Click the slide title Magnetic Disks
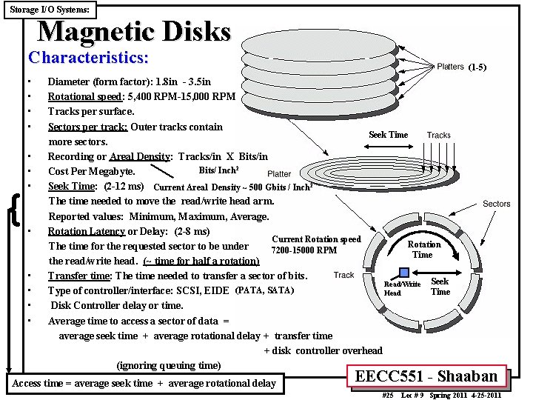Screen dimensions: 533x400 click(x=134, y=31)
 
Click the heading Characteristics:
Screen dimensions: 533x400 click(x=88, y=57)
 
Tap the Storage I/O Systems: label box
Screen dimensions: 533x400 click(x=50, y=10)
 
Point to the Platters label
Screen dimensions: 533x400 click(x=450, y=67)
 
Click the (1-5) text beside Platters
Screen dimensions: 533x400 click(x=477, y=67)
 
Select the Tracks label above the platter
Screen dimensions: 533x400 click(x=438, y=135)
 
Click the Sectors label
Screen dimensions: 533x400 click(x=496, y=204)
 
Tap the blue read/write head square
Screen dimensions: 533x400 click(x=404, y=272)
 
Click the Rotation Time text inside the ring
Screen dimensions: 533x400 click(x=424, y=250)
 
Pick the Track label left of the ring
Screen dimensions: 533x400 click(x=344, y=275)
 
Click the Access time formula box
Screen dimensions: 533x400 click(x=144, y=383)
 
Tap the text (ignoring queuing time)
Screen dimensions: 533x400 click(x=169, y=365)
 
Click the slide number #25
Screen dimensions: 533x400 click(x=387, y=396)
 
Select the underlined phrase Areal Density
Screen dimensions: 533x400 click(x=140, y=156)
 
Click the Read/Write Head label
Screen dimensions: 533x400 click(x=402, y=288)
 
